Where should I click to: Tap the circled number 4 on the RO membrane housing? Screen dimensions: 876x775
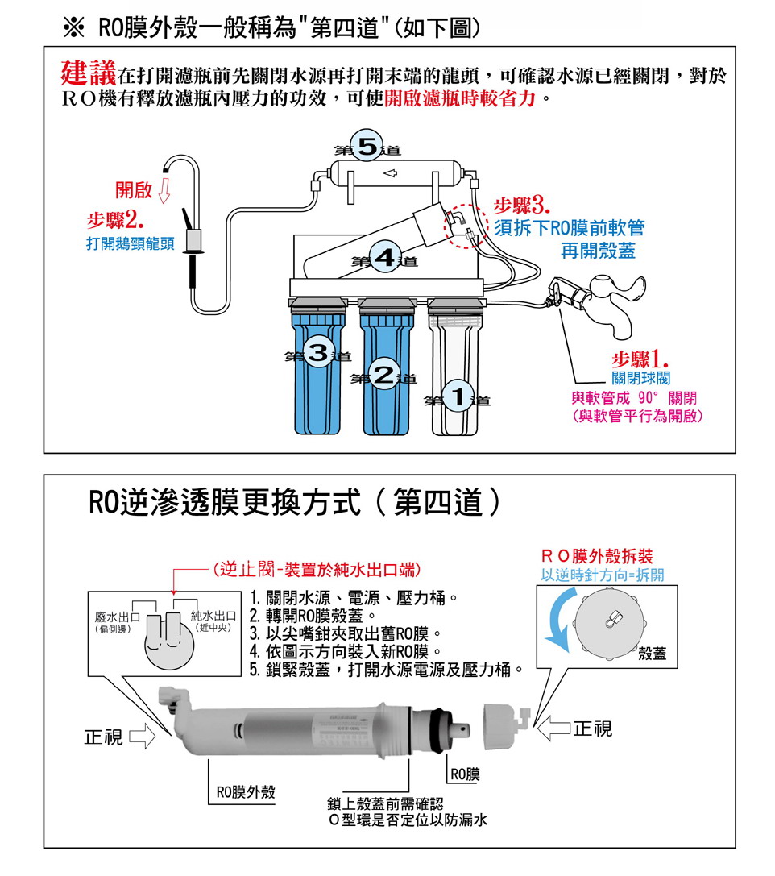[384, 258]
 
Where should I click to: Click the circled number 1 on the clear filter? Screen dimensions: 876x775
[458, 396]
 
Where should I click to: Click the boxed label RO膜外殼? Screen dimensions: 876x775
[241, 792]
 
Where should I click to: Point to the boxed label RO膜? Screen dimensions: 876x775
[465, 774]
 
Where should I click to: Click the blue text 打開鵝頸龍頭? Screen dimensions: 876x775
[130, 243]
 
